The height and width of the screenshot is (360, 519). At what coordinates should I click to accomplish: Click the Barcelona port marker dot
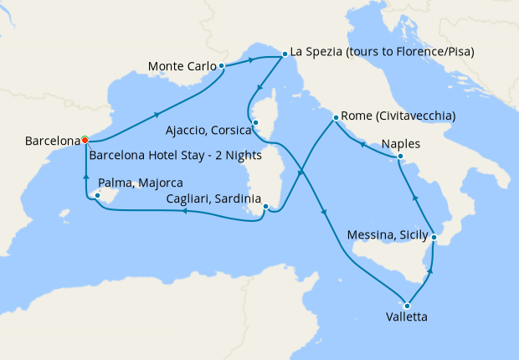coord(85,141)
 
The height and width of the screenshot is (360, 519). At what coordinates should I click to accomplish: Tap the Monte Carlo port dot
coord(221,65)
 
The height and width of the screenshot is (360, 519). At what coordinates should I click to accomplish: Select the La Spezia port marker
coord(284,52)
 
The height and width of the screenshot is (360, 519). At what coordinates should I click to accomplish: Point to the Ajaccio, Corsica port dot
coord(255,123)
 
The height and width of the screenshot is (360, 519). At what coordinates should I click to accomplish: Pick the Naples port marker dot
coord(400,157)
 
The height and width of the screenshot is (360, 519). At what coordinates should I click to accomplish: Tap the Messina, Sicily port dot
coord(434,238)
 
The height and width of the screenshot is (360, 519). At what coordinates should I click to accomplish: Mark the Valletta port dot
coord(408,304)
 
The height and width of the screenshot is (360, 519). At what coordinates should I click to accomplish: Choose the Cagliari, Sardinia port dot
coord(265,207)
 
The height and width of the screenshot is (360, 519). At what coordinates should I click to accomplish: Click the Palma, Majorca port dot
coord(96,195)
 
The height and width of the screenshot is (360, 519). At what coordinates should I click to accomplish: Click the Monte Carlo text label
coord(182,65)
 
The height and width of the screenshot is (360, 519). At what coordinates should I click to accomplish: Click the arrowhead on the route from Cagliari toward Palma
coord(183,213)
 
